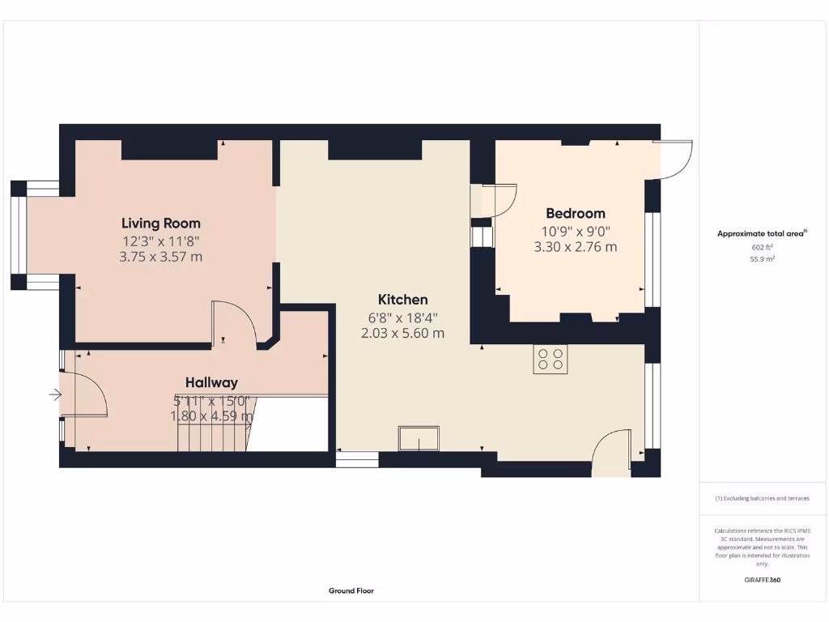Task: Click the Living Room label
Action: (x=161, y=223)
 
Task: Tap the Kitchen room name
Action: (x=402, y=299)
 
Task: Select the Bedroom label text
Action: (x=575, y=213)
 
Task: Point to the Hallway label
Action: (x=211, y=382)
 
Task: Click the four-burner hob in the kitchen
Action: (x=551, y=359)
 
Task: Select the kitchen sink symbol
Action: (x=419, y=439)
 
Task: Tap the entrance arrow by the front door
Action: (x=55, y=395)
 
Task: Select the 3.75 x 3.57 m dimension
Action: (x=161, y=257)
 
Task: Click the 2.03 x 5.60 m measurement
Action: (x=402, y=333)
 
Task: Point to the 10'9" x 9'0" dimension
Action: (x=575, y=231)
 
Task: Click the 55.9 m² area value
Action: (x=762, y=259)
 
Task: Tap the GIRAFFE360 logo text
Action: (x=762, y=580)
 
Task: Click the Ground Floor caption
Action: (x=351, y=591)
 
